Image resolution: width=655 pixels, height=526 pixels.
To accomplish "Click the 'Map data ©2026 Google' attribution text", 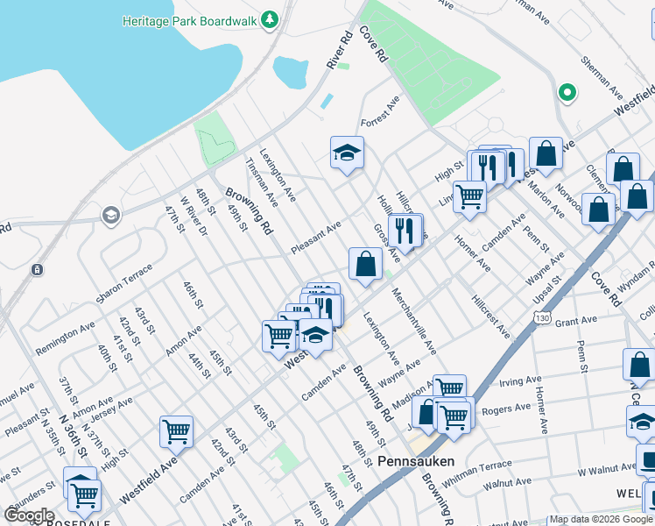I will [601, 520].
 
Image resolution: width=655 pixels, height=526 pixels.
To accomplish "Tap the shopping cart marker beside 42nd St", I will [176, 430].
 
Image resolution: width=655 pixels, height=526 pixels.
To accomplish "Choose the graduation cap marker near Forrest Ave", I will [347, 153].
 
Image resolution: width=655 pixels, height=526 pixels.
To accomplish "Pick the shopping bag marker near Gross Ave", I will [365, 262].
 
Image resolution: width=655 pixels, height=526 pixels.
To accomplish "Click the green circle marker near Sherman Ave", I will [567, 91].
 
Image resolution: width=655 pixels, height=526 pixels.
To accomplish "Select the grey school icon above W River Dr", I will [110, 214].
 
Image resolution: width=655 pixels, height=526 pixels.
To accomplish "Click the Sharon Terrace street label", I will [125, 288].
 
